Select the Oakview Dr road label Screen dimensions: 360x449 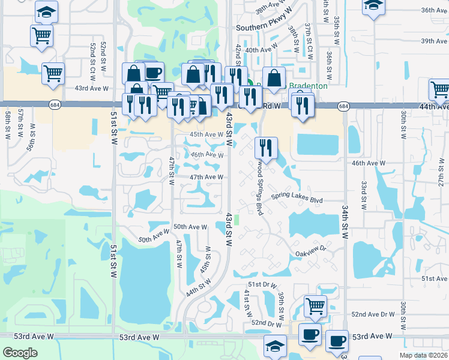click(x=310, y=250)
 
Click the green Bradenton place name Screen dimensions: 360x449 click(x=310, y=86)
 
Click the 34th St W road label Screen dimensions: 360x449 click(x=346, y=218)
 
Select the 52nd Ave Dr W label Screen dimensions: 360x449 click(x=373, y=314)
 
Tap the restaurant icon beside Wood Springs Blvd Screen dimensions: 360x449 click(x=265, y=147)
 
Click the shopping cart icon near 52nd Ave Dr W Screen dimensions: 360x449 click(x=315, y=306)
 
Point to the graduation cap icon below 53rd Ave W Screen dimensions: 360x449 click(x=276, y=346)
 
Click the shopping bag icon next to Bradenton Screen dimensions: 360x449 click(x=274, y=78)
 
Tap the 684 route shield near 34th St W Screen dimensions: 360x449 click(x=343, y=106)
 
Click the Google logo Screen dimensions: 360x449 click(x=20, y=353)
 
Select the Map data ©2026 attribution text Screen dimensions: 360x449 click(x=423, y=355)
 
